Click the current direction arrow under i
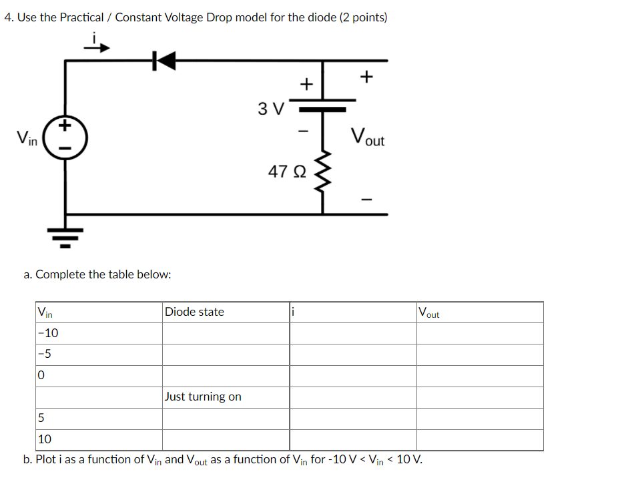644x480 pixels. (95, 47)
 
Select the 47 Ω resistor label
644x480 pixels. (287, 172)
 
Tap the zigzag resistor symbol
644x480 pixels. (323, 171)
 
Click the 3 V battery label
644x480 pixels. (271, 108)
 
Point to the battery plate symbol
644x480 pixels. (323, 107)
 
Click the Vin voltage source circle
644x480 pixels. (65, 139)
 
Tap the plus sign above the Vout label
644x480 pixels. (366, 77)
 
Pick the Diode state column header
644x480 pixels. (194, 312)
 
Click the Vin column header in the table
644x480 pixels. (45, 312)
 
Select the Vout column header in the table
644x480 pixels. (429, 312)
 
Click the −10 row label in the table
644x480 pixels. (48, 333)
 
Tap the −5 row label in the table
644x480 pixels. (45, 354)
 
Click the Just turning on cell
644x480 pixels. (203, 397)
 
